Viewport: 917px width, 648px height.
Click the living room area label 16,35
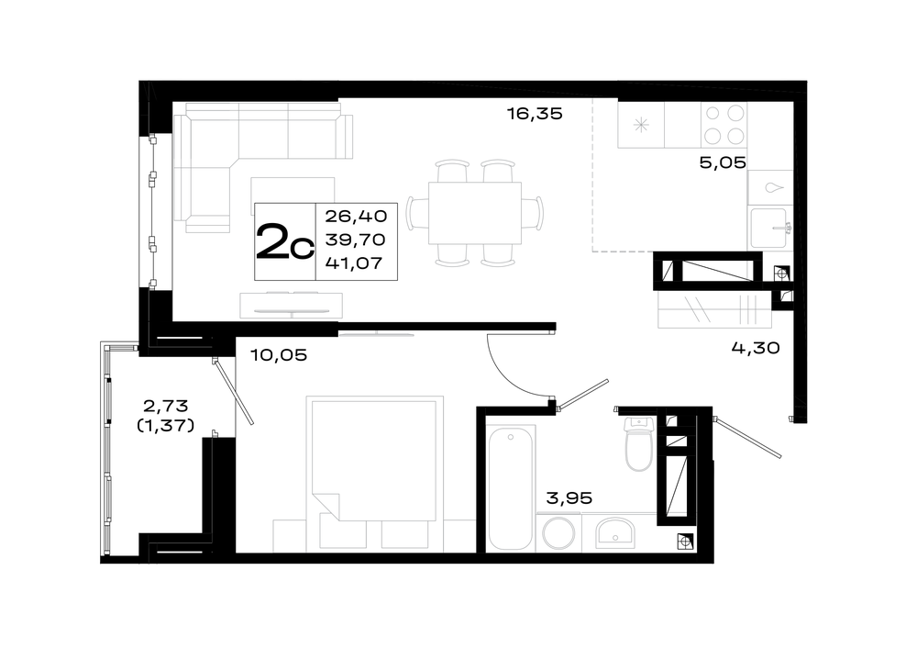[x=535, y=114]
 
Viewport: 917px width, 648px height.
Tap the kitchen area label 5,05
[x=723, y=162]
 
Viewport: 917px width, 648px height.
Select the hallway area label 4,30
[x=756, y=348]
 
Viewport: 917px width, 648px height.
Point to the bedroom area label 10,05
[x=279, y=355]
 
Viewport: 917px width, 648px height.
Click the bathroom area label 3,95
[x=569, y=498]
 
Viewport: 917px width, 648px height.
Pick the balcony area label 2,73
[x=165, y=405]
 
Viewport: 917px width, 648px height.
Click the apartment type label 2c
[x=285, y=241]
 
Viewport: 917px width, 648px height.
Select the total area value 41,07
[x=354, y=263]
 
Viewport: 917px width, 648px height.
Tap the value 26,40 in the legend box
[x=356, y=217]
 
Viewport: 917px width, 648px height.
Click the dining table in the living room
[x=475, y=213]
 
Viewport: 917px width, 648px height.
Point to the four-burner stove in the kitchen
[x=724, y=124]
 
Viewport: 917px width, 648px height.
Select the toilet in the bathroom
[x=638, y=444]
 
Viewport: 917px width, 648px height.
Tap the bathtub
[x=511, y=489]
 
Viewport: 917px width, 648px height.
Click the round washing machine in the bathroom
[x=558, y=533]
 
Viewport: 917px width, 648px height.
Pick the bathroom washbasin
[x=614, y=533]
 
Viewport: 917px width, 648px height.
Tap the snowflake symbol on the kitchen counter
[x=642, y=125]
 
